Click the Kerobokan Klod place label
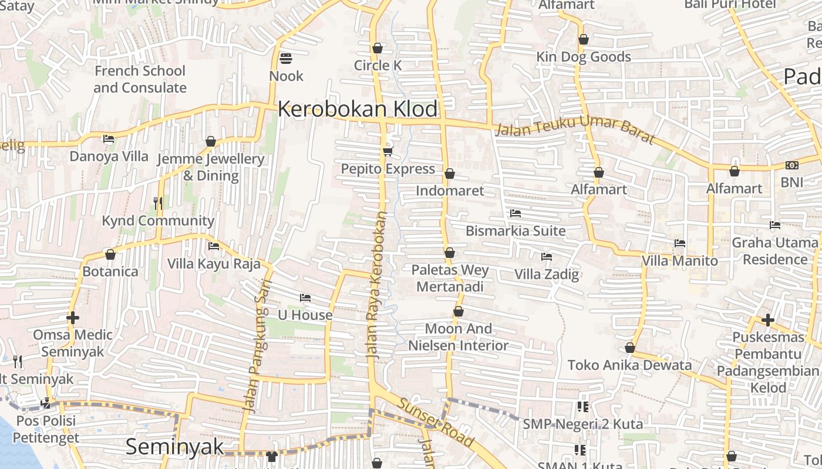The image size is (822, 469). [358, 109]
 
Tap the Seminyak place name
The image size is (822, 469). [174, 447]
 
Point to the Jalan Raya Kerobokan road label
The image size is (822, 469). [376, 284]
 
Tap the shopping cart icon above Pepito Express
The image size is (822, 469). [388, 151]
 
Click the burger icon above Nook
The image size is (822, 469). [286, 58]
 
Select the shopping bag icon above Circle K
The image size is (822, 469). [378, 47]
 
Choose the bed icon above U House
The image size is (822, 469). [305, 297]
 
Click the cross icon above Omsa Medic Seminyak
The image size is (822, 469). [73, 318]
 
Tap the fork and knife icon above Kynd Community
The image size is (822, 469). [157, 203]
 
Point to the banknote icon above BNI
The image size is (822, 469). [791, 165]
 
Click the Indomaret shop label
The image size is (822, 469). [450, 191]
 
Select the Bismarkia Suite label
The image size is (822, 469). [516, 231]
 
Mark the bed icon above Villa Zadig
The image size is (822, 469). [547, 256]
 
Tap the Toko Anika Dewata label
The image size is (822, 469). [629, 365]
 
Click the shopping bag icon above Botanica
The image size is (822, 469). [110, 254]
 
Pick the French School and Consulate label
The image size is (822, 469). [140, 79]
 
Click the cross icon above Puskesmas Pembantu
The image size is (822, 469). [767, 320]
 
